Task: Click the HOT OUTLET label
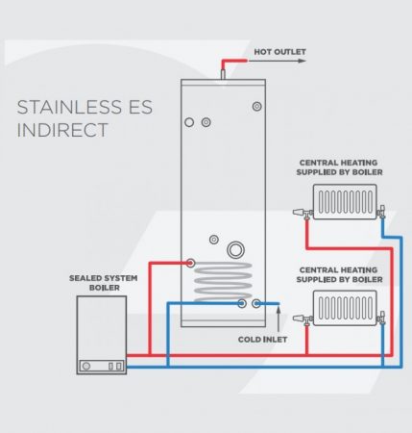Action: (279, 52)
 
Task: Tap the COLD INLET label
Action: (262, 340)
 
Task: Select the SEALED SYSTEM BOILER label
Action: (104, 283)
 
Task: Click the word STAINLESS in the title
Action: (69, 107)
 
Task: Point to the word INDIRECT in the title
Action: (62, 130)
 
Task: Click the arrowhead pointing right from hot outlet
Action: (302, 61)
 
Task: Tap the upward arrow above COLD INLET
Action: (279, 318)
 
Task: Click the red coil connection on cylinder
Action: (190, 263)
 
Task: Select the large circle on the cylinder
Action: (236, 250)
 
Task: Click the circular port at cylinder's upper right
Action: (257, 106)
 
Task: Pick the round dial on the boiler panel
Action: (86, 366)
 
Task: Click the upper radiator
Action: (345, 202)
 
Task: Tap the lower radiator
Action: (345, 308)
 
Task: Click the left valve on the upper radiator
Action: (303, 213)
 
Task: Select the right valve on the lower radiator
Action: (381, 318)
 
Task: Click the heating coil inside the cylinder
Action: (223, 282)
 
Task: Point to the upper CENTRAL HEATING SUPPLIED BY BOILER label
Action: (339, 167)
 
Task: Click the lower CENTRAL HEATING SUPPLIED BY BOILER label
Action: (339, 274)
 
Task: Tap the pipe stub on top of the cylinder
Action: (223, 75)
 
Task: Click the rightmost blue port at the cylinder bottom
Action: (256, 303)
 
